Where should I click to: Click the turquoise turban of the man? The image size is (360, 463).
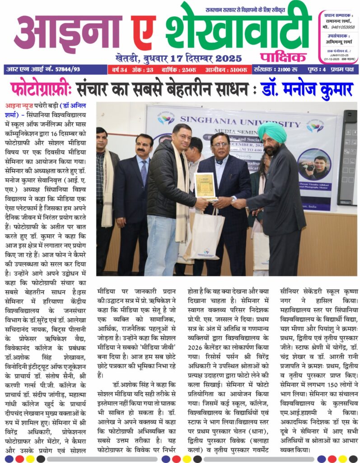pyautogui.click(x=273, y=132)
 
